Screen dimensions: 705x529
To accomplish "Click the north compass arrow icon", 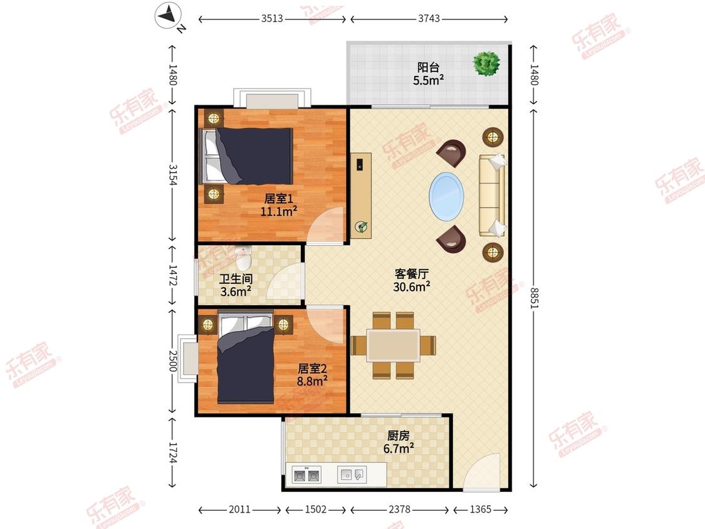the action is (x=168, y=16).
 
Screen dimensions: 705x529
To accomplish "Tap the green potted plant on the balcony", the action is (x=486, y=63).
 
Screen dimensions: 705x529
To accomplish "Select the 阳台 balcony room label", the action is (x=428, y=68).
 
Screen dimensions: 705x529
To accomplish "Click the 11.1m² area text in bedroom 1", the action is (x=279, y=211).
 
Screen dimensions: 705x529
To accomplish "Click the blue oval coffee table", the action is (x=446, y=196).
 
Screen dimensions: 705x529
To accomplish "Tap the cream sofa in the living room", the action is (x=491, y=195).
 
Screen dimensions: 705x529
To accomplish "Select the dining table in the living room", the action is (x=394, y=345).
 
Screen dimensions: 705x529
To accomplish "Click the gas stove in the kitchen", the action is (x=306, y=474).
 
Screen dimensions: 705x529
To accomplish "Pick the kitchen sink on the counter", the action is (x=352, y=474).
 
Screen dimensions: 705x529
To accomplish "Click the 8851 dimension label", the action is (x=534, y=298).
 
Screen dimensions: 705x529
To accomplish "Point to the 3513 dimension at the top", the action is (x=272, y=18).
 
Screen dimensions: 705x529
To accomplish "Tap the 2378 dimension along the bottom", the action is (x=399, y=509).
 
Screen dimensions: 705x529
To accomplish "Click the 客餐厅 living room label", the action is (x=411, y=274).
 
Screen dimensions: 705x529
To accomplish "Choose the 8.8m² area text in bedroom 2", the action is (x=312, y=381).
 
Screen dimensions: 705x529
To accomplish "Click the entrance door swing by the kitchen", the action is (x=481, y=471).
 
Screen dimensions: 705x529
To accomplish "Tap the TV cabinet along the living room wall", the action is (x=361, y=196).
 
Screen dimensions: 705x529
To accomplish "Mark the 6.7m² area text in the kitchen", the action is (x=399, y=449).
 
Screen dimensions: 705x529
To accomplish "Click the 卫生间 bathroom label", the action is (x=236, y=279).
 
